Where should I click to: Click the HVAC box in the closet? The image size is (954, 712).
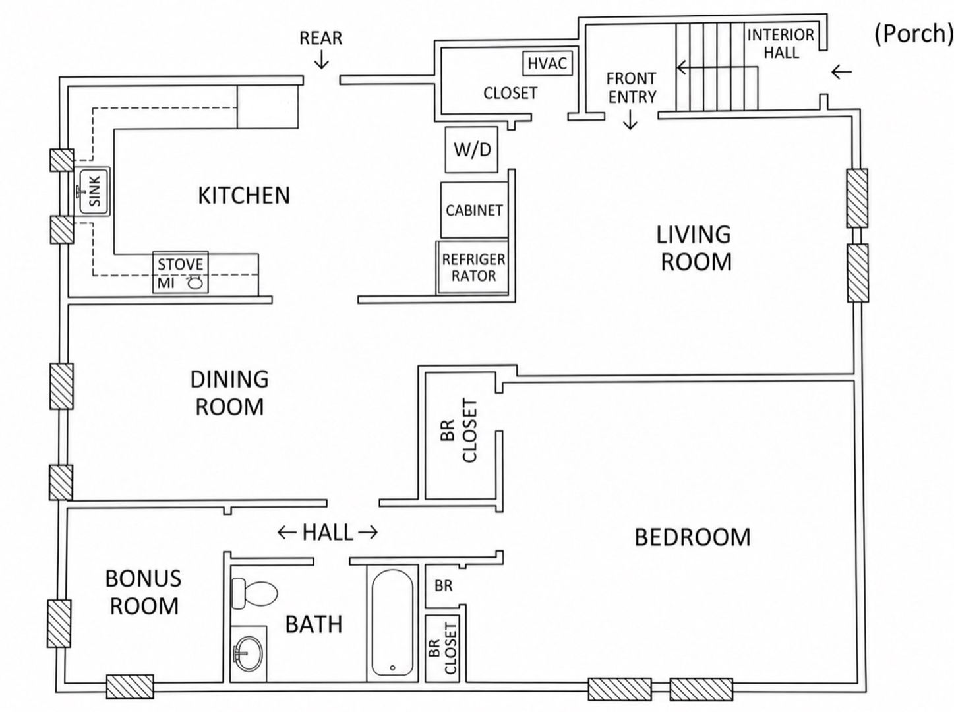[547, 63]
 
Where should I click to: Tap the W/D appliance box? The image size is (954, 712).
[471, 150]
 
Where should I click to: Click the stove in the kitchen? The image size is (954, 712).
[181, 272]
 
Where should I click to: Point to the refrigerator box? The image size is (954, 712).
[473, 267]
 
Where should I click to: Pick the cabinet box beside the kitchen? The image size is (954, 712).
[474, 210]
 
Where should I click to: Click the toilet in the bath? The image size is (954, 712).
[254, 593]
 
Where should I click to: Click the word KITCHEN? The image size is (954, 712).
[244, 196]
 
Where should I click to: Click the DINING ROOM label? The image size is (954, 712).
[229, 393]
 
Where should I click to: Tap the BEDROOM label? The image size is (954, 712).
[692, 537]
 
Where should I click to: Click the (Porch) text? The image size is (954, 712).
[913, 34]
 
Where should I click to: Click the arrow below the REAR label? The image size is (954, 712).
[322, 59]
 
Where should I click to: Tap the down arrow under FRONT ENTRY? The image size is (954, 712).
[630, 119]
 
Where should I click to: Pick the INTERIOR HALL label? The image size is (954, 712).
[781, 44]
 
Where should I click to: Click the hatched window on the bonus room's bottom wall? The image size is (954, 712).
[130, 687]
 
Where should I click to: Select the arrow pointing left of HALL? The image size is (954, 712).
[287, 533]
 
